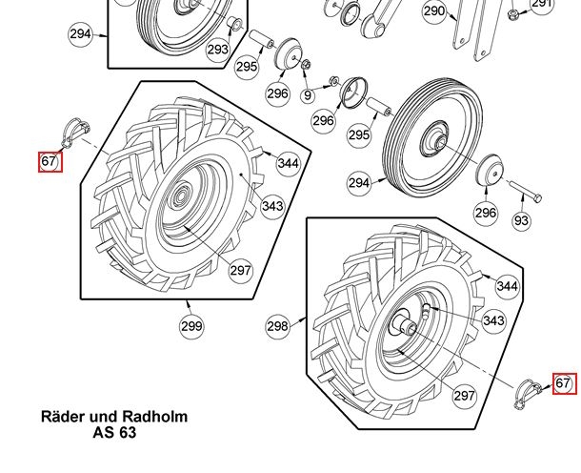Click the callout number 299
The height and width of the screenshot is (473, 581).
pos(191,326)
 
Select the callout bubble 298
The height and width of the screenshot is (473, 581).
pos(277,326)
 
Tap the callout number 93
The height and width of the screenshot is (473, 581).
pos(520,220)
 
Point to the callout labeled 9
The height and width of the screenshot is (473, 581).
pos(308,95)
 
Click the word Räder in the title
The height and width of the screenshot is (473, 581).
pos(62,417)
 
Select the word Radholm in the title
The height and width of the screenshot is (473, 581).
pos(155,417)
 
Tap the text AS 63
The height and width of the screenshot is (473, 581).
pos(114,433)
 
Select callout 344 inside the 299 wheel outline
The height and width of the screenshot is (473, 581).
pos(289,163)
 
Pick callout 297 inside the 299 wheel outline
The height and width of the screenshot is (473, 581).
pos(240,270)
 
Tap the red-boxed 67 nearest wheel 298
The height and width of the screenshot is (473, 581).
pos(564,383)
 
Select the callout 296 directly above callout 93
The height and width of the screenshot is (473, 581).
pos(486,212)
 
